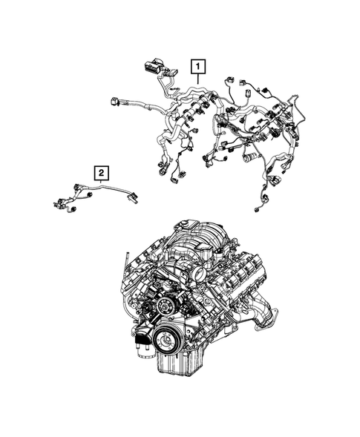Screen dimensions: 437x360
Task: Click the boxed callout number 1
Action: pyautogui.click(x=197, y=67)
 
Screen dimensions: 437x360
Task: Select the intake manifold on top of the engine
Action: pyautogui.click(x=200, y=245)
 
